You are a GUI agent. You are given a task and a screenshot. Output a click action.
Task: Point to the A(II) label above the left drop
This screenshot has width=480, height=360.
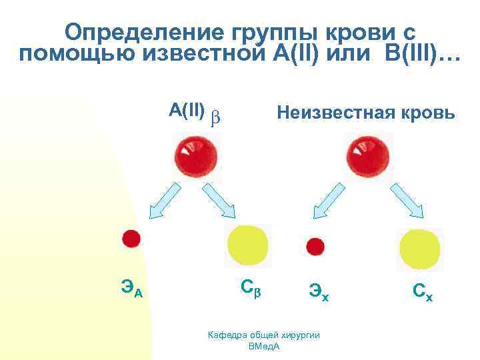coord(187,110)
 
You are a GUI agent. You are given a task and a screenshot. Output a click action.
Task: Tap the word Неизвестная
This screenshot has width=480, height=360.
coord(333,114)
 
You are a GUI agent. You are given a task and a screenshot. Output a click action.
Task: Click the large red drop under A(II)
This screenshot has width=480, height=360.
coord(195,155)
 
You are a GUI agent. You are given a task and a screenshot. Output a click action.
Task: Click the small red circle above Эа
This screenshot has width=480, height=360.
coord(131,239)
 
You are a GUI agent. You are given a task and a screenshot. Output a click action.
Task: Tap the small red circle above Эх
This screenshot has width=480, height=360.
coord(315,247)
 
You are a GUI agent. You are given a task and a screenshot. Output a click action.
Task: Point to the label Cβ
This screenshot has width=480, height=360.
coord(251,288)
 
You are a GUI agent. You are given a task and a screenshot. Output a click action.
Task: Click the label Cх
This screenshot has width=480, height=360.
coord(422,291)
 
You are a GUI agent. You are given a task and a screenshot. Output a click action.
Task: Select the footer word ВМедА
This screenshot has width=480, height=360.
coord(264,347)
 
